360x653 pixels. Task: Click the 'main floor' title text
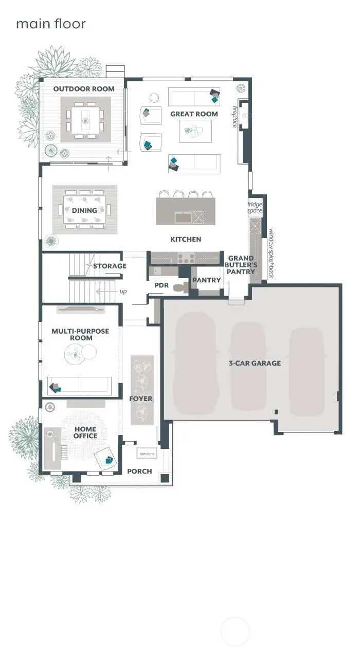point(50,24)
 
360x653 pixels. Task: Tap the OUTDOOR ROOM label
point(84,89)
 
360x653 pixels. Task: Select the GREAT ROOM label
point(194,114)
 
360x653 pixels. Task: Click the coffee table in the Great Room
point(195,132)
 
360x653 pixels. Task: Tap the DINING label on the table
point(84,210)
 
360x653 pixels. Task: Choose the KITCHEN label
point(186,239)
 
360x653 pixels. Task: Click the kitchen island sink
point(183,217)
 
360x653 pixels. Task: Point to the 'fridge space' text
point(255,208)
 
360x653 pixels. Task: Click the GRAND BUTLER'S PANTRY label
point(241,264)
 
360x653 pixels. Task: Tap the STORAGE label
point(110,266)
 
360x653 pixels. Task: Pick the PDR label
point(161,285)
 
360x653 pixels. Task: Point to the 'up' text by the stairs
point(122,292)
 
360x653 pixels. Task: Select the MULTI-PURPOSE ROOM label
point(80,335)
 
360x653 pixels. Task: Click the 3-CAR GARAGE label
point(255,363)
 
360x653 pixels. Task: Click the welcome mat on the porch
point(147,454)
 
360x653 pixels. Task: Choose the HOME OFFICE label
point(85,432)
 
